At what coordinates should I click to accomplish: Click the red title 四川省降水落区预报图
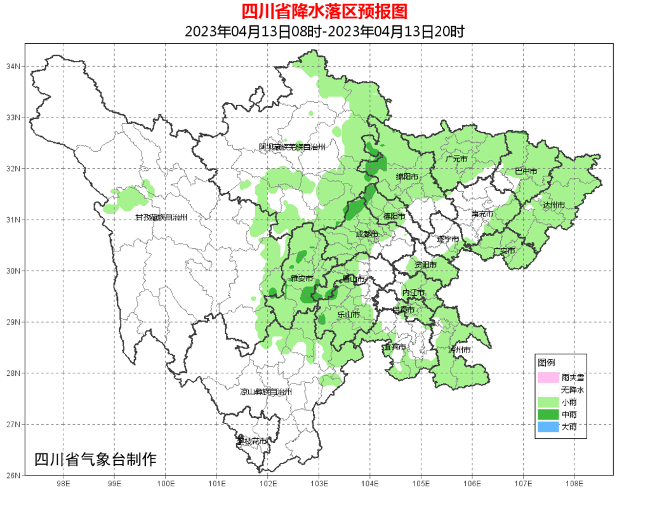tap(324, 11)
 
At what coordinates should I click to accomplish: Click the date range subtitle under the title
tap(324, 31)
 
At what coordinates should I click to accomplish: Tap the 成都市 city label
tap(367, 234)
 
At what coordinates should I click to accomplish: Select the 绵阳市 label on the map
tap(407, 176)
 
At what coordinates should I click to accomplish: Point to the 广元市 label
tap(456, 159)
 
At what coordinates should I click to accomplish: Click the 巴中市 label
tap(526, 171)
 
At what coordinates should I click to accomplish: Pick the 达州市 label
tap(554, 205)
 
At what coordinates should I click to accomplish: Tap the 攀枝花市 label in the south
tap(251, 441)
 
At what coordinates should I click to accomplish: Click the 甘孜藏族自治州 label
tap(161, 218)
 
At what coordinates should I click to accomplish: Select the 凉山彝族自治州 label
tap(266, 392)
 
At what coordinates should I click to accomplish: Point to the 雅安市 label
tap(302, 279)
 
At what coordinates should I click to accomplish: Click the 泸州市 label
tap(460, 350)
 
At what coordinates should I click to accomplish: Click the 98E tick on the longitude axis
tap(63, 484)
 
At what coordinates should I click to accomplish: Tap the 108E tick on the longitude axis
tap(574, 484)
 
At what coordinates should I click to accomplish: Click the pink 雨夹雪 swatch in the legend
tap(548, 377)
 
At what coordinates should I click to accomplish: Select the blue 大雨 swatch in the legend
tap(548, 427)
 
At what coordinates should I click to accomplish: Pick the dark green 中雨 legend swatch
tap(548, 415)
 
